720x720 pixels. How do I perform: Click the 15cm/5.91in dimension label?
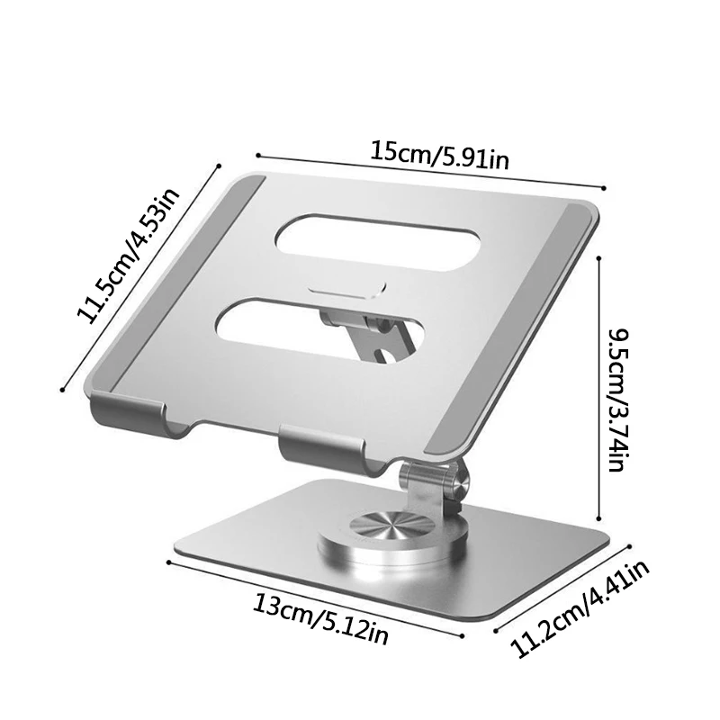(x=440, y=156)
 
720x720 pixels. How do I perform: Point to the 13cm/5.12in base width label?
(x=320, y=620)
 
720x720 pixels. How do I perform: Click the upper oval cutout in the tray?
(x=378, y=243)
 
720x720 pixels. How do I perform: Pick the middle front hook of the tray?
(x=322, y=447)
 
